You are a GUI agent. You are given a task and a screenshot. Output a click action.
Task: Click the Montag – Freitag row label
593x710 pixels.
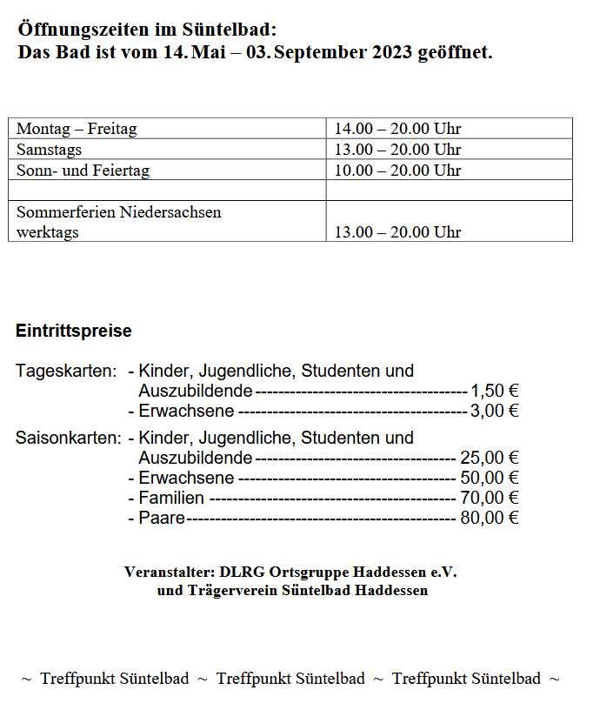(77, 129)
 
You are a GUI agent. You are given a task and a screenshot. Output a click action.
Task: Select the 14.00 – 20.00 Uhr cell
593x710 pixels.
(397, 129)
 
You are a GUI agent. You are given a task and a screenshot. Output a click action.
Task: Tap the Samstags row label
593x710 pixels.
(50, 150)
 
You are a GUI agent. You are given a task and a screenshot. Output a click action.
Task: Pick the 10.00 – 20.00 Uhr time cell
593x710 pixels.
(397, 171)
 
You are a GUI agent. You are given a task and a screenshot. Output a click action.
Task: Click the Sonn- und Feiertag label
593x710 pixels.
(83, 171)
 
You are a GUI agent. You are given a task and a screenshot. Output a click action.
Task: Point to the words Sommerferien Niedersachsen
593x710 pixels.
(119, 211)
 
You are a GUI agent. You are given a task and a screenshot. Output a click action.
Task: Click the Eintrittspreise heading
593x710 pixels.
(74, 331)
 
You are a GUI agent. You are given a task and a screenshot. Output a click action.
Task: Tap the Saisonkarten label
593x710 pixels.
(69, 438)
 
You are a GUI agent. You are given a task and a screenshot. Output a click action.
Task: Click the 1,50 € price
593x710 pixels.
(495, 391)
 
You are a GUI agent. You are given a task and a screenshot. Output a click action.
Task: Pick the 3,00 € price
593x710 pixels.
(495, 411)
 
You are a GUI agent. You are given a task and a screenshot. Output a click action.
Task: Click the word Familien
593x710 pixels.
(171, 498)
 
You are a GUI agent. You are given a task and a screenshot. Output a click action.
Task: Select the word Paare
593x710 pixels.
(162, 518)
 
